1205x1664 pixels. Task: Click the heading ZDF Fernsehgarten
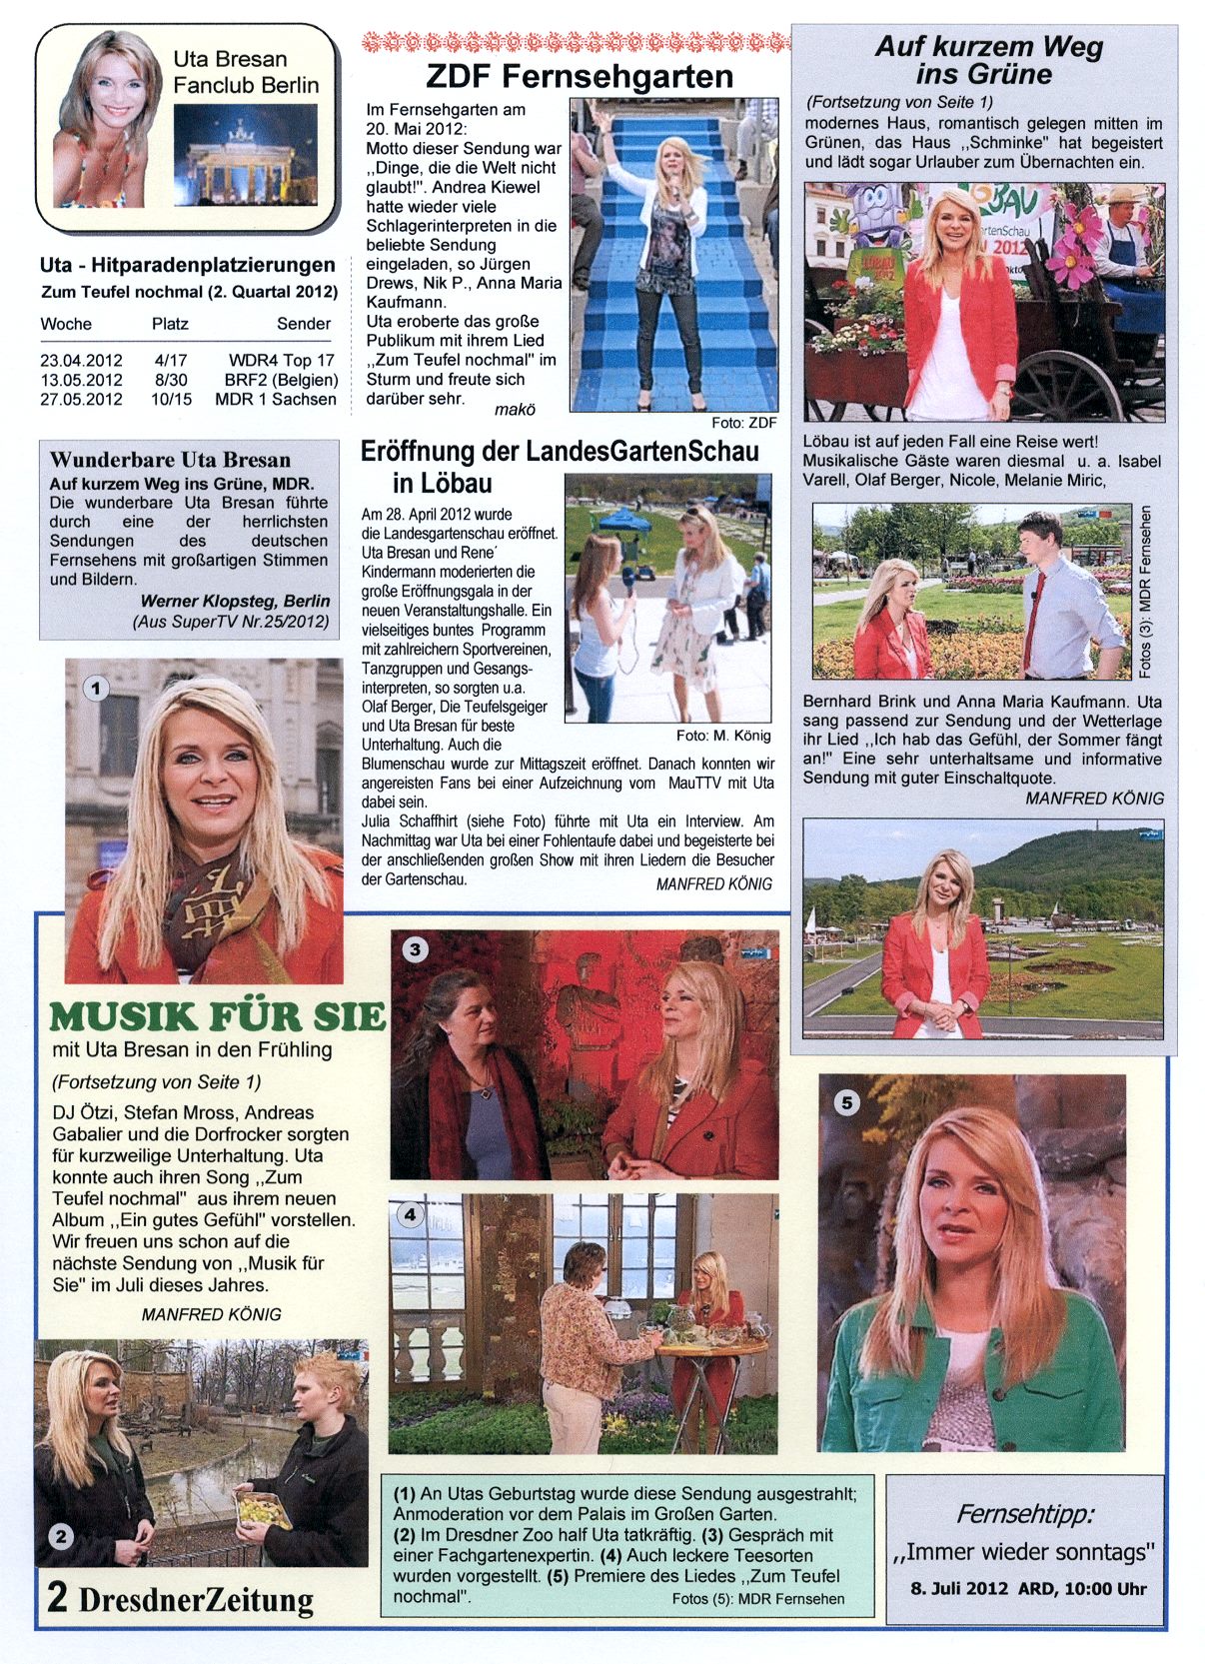coord(579,76)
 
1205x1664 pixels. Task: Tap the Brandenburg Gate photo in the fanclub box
coord(245,153)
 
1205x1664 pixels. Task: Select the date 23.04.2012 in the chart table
coord(81,361)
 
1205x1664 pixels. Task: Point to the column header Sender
coord(304,324)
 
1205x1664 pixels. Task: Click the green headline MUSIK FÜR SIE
coord(217,1017)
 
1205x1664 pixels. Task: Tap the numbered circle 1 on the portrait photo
coord(96,689)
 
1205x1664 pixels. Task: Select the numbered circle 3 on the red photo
coord(415,949)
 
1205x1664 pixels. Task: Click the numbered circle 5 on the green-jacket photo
coord(846,1102)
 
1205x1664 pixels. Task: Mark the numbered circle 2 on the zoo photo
coord(61,1536)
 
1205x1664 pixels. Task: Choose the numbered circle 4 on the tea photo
coord(411,1214)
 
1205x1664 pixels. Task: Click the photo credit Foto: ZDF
coord(743,423)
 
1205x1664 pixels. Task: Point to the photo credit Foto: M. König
coord(723,736)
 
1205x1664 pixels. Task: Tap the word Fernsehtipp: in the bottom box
coord(1024,1514)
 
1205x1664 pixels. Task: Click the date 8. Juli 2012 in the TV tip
coord(959,1588)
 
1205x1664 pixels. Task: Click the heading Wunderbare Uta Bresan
coord(170,460)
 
